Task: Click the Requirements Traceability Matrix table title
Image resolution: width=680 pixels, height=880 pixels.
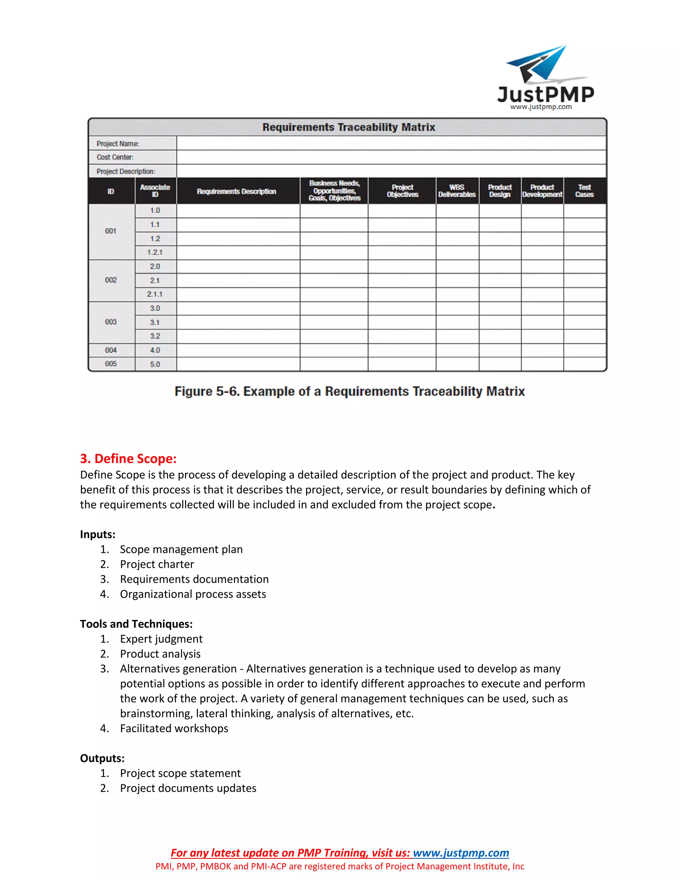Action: coord(348,127)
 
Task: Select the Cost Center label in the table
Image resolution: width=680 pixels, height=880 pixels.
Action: coord(115,157)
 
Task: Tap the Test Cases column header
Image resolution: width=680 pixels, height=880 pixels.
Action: coord(584,191)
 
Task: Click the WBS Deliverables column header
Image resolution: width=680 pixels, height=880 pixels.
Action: coord(457,191)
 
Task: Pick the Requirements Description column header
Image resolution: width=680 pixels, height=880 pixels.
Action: coord(236,191)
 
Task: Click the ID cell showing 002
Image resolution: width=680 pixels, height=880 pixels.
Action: coord(111,280)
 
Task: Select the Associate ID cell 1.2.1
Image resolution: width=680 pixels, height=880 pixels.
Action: coord(155,252)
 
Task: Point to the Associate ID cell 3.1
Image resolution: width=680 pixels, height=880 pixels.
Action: coord(155,322)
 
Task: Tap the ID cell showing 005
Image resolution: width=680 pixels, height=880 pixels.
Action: coord(111,364)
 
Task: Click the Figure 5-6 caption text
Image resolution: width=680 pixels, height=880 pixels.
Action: coord(349,391)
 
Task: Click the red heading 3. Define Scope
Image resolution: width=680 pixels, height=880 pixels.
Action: coord(128,459)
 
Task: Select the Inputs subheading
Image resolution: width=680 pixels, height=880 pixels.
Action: coord(98,534)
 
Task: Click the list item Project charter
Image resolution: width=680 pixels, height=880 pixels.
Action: coord(157,564)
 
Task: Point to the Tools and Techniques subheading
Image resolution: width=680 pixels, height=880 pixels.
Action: coord(136,624)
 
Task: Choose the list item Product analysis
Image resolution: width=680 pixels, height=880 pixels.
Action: coord(160,654)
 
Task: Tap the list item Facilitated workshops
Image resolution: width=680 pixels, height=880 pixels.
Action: coord(174,728)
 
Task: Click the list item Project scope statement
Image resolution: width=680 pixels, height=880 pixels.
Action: coord(180,773)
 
